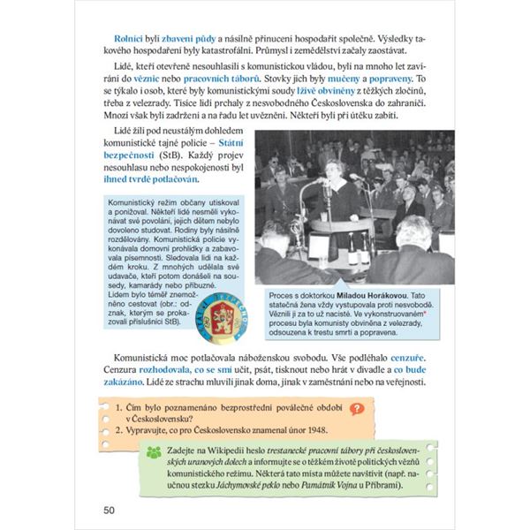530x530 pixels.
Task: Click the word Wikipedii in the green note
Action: (232, 450)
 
